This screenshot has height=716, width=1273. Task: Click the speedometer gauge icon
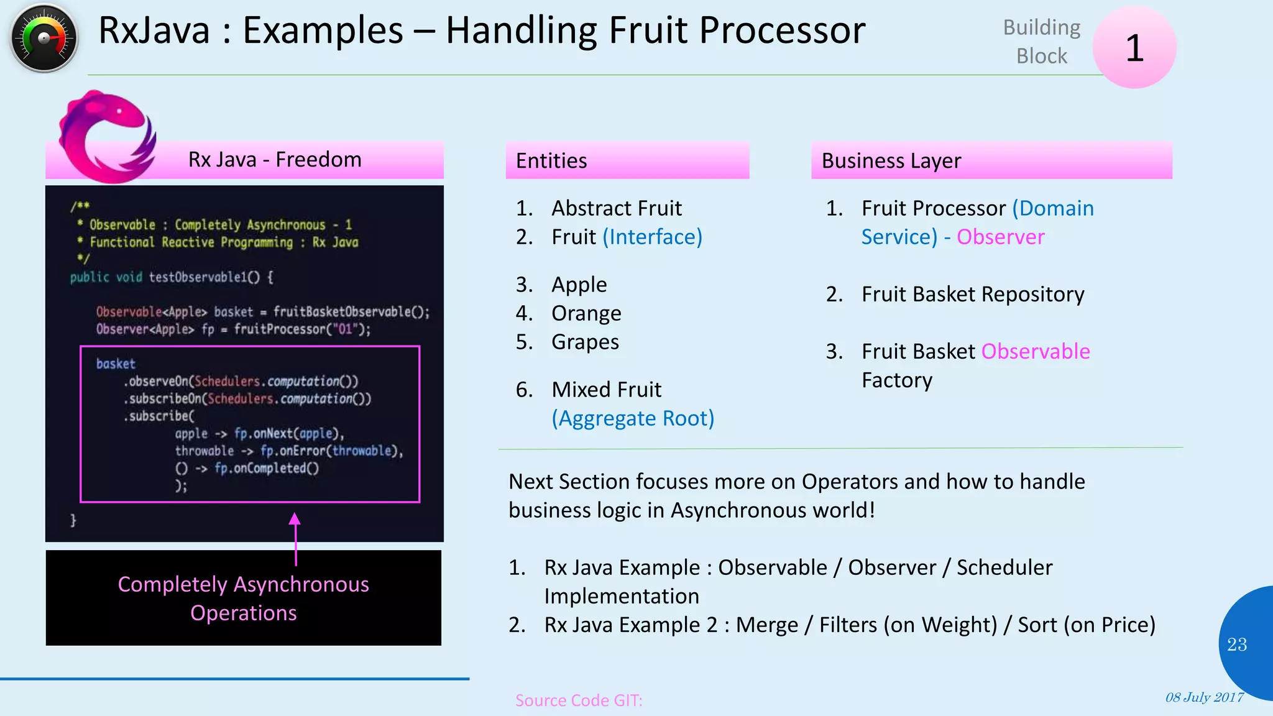(x=44, y=39)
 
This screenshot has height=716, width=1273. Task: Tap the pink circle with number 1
(x=1134, y=47)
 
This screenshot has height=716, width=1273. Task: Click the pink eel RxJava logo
(x=106, y=137)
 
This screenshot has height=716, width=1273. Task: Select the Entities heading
(x=551, y=161)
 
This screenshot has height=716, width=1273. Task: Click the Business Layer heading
(x=891, y=161)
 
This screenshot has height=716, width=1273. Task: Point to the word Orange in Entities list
(x=586, y=313)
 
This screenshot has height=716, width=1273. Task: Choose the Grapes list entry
(x=585, y=342)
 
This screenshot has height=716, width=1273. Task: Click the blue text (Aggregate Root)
(x=633, y=418)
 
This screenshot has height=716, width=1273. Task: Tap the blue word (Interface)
(x=652, y=237)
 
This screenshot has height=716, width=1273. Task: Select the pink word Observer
(x=1000, y=237)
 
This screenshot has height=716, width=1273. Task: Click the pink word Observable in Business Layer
(x=1035, y=351)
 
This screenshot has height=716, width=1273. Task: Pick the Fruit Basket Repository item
(x=972, y=294)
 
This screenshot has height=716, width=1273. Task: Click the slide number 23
(x=1236, y=645)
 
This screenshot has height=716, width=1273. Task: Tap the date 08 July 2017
(x=1204, y=697)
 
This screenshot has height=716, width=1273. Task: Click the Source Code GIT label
(x=578, y=700)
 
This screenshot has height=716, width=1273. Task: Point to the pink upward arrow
(x=295, y=538)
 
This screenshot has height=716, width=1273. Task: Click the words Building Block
(x=1041, y=42)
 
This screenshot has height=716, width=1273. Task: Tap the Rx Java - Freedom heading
(x=274, y=160)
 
